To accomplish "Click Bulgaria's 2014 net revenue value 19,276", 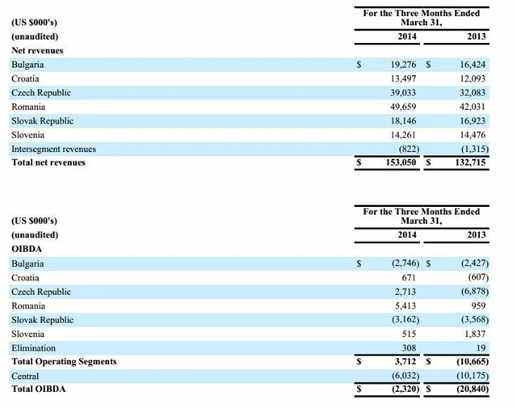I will pos(403,63).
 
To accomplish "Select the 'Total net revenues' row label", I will pos(48,162).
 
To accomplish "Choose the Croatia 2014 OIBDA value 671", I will pos(409,277).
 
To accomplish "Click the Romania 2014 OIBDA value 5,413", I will pos(406,306).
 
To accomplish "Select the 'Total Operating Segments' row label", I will pos(64,362).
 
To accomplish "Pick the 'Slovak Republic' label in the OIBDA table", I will pos(42,320).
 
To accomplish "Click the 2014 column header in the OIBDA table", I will pos(407,234).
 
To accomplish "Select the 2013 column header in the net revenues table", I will pos(477,36).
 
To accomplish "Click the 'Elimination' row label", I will pos(34,348).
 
